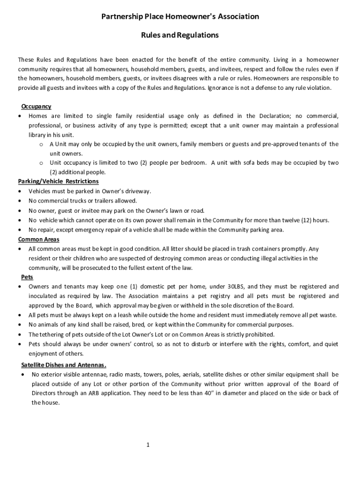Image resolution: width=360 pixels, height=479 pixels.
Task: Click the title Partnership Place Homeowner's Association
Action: pyautogui.click(x=180, y=17)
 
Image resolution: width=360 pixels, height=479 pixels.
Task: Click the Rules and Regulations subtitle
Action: pyautogui.click(x=180, y=35)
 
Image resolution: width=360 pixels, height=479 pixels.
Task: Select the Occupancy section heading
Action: pyautogui.click(x=36, y=107)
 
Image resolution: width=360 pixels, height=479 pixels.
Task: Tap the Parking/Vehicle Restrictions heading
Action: pyautogui.click(x=58, y=181)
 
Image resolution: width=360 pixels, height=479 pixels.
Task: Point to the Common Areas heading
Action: pyautogui.click(x=39, y=239)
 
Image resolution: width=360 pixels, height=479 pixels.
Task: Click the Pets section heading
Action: pyautogui.click(x=27, y=277)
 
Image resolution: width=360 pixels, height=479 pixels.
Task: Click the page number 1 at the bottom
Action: pyautogui.click(x=148, y=445)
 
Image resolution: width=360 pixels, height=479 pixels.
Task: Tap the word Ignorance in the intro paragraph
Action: pyautogui.click(x=223, y=88)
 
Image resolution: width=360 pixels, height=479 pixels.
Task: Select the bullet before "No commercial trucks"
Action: pyautogui.click(x=19, y=201)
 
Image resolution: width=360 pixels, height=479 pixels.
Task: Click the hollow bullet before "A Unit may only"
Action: pyautogui.click(x=41, y=144)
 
